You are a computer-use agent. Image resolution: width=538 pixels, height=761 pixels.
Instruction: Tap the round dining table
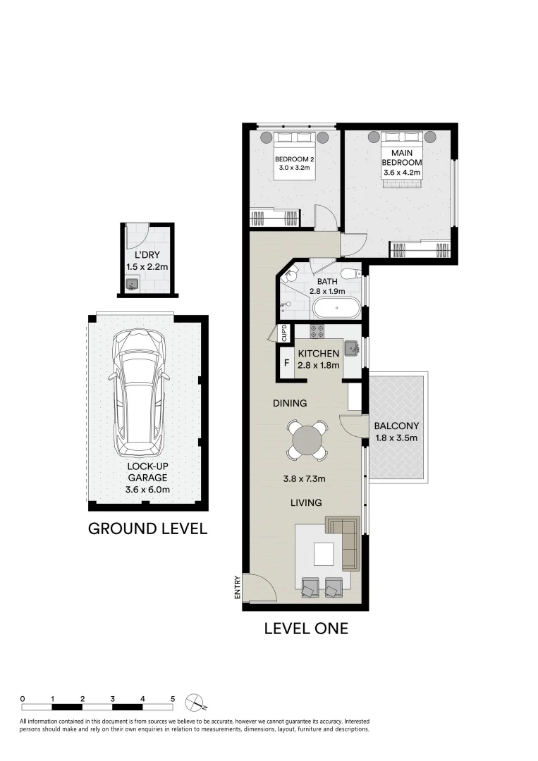(307, 440)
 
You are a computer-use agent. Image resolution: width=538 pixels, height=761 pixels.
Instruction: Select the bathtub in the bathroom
(337, 308)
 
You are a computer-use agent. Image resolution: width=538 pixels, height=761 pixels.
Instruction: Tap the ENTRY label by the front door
(238, 588)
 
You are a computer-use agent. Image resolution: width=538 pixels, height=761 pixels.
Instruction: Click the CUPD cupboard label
(283, 333)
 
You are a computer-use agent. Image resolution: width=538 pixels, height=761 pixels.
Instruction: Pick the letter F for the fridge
(286, 364)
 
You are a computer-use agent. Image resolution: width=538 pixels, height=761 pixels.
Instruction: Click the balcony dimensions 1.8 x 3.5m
(396, 438)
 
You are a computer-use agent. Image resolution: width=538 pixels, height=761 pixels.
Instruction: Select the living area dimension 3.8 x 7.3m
(305, 479)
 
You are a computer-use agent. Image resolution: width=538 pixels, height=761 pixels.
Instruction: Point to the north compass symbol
(195, 703)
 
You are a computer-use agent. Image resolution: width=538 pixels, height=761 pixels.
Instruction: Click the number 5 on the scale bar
(173, 698)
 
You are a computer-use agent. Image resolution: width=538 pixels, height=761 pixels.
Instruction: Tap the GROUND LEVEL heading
(147, 528)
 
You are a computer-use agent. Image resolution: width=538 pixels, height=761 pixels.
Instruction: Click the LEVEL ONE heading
(306, 628)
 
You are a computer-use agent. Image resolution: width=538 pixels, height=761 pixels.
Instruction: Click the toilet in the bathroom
(349, 273)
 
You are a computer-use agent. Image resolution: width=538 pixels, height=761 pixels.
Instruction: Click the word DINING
(291, 404)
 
